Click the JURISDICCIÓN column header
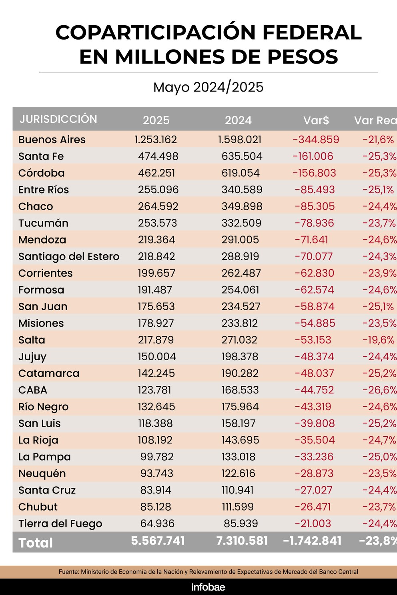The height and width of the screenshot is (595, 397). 58,119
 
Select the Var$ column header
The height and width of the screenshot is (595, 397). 316,120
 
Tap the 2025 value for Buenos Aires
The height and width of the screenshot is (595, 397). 156,140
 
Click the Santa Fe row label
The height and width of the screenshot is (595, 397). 41,156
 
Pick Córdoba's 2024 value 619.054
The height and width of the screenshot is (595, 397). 241,173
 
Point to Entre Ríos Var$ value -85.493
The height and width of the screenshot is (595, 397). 315,190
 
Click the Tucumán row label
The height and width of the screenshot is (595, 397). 43,223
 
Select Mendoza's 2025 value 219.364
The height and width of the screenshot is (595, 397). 156,240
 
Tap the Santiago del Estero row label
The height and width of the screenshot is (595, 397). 69,257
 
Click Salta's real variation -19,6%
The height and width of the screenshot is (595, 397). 378,340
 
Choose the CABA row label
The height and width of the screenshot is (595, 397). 33,390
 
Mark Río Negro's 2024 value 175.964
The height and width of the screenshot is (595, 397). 240,407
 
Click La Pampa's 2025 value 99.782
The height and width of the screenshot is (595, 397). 157,457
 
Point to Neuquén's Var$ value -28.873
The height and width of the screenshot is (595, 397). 314,473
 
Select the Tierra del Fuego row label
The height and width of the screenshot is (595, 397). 60,523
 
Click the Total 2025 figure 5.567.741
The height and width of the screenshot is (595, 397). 158,541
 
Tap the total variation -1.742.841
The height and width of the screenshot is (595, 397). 312,541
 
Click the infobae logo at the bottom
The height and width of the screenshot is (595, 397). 208,587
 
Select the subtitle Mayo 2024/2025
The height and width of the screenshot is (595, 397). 208,87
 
